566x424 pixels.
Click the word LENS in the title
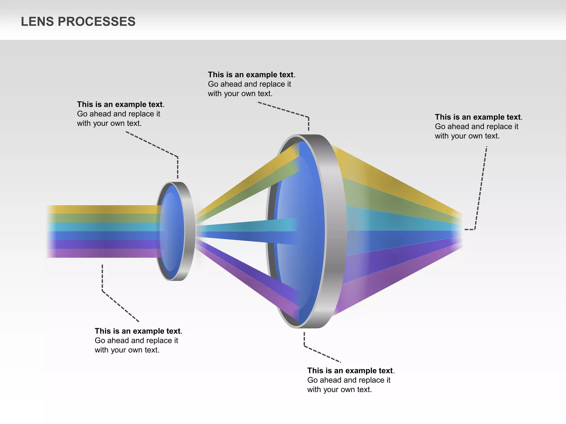(x=37, y=22)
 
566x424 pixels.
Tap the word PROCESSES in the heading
(x=96, y=22)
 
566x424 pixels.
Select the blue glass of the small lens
(x=171, y=232)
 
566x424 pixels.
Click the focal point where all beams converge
(x=460, y=230)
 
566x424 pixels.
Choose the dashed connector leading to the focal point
(x=481, y=188)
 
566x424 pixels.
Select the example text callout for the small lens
(x=120, y=114)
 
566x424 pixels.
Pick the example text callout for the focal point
(x=478, y=126)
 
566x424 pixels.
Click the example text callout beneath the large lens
(x=350, y=380)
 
